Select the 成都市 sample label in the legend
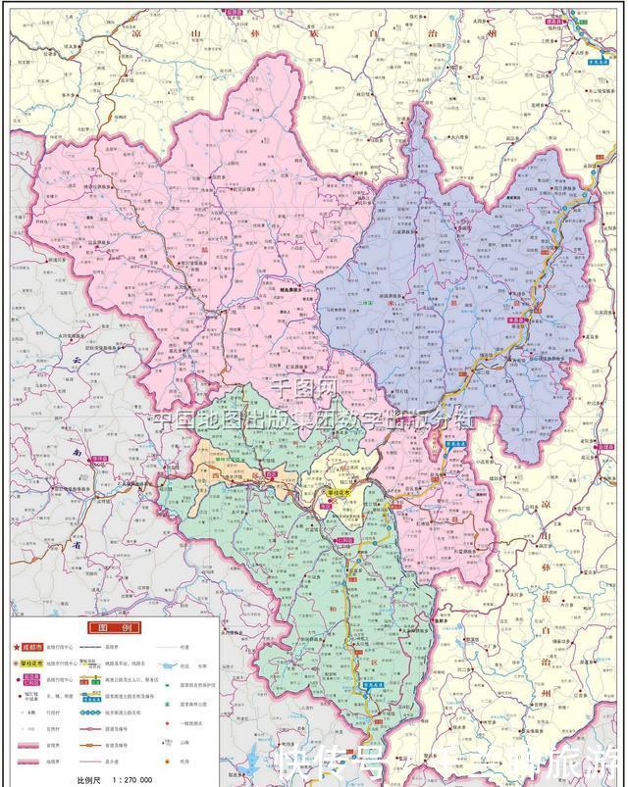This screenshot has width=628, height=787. pos(37,647)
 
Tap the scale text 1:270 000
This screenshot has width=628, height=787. pos(131,779)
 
